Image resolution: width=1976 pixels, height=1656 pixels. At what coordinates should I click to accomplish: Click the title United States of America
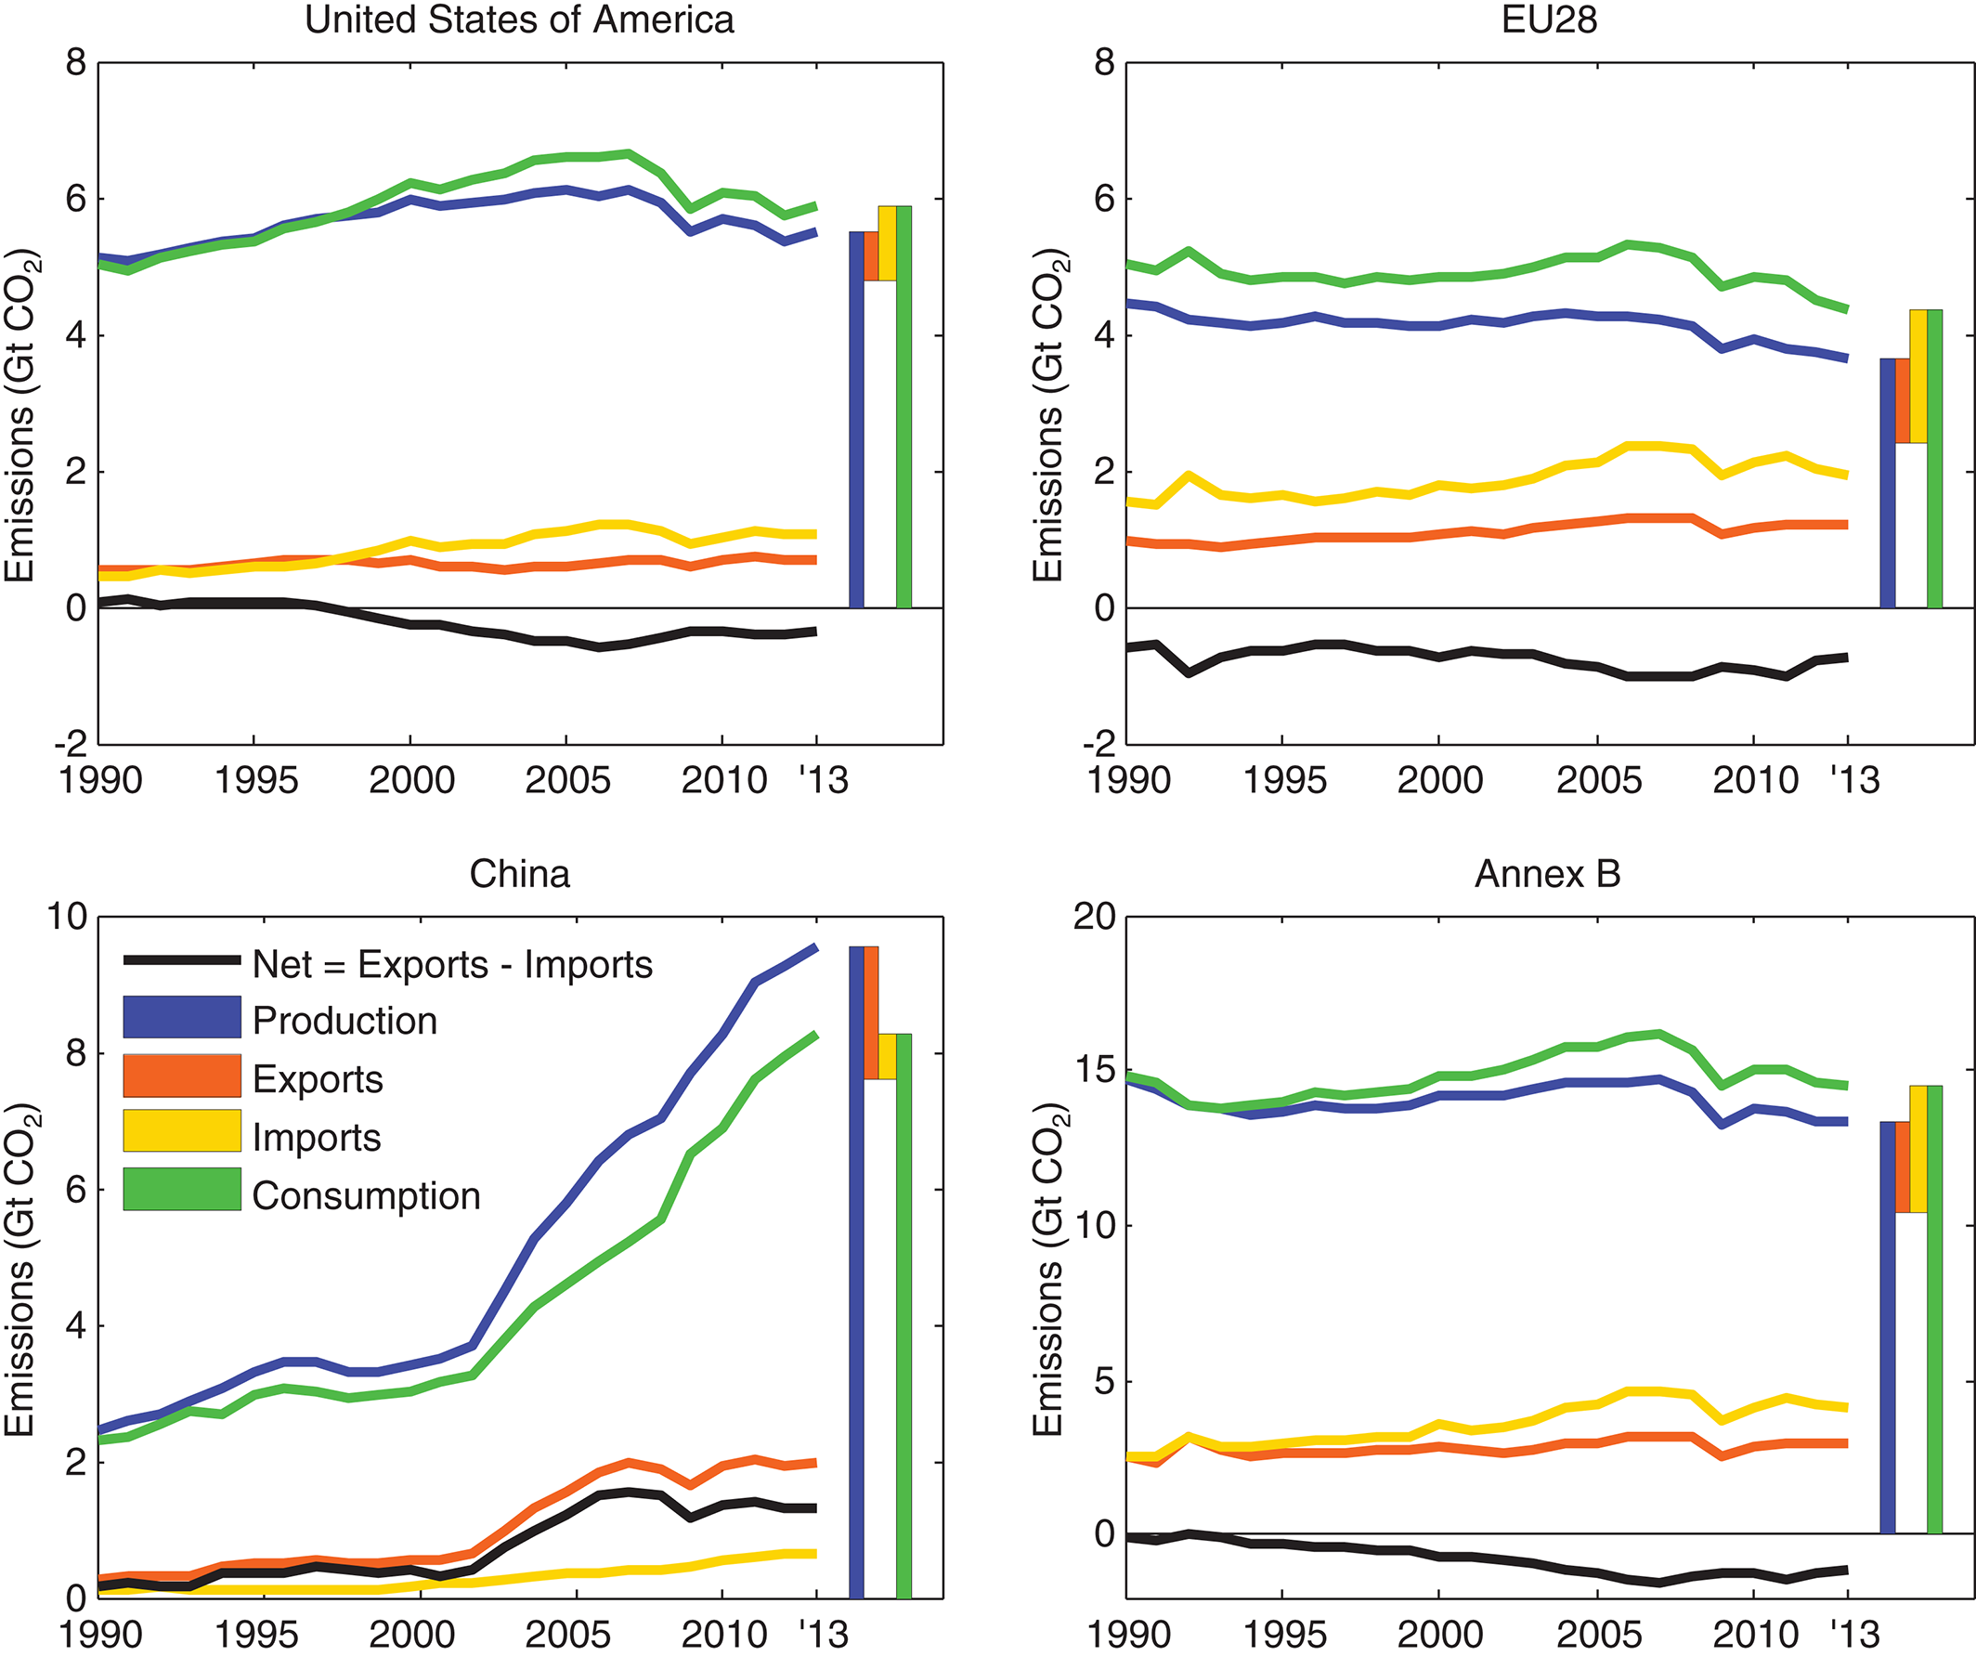519,20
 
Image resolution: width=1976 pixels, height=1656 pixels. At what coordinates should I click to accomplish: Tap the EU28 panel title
1549,20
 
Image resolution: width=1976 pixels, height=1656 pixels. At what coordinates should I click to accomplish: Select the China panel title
519,874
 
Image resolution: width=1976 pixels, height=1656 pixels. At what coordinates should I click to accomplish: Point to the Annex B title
1548,874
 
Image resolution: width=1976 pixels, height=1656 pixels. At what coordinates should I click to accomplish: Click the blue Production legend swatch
182,1018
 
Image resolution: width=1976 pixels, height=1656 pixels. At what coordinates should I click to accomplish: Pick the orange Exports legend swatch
182,1076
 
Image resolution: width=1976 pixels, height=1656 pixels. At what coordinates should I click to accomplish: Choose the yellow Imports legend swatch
182,1132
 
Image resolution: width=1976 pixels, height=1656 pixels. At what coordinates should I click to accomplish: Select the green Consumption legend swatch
182,1190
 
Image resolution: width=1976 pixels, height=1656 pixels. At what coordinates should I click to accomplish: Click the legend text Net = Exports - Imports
451,964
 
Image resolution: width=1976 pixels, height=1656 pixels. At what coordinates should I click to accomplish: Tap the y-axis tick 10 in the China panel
66,917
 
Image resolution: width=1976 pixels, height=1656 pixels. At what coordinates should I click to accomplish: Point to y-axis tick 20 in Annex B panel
1093,917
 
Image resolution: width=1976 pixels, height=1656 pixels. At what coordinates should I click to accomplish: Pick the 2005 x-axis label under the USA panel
567,781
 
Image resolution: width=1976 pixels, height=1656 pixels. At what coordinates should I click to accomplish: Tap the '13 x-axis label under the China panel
823,1636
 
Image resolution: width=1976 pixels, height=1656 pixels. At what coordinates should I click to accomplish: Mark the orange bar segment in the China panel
871,1012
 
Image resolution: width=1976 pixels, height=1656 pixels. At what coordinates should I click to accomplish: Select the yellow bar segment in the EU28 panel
1917,376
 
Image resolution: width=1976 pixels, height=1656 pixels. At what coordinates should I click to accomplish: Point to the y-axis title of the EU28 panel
1048,415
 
